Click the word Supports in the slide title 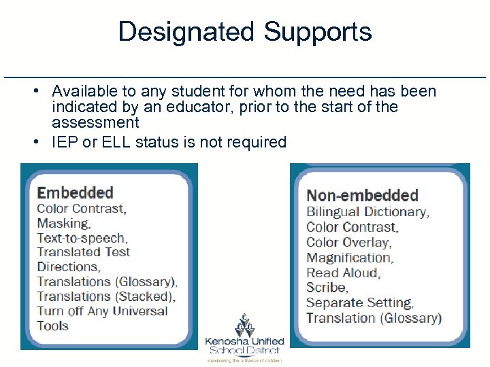pyautogui.click(x=318, y=32)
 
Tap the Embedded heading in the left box pyautogui.click(x=75, y=193)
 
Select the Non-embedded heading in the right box pyautogui.click(x=362, y=196)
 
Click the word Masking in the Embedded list pyautogui.click(x=63, y=223)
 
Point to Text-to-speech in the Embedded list pyautogui.click(x=82, y=238)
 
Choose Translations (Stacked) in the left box pyautogui.click(x=105, y=296)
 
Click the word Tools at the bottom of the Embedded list pyautogui.click(x=52, y=326)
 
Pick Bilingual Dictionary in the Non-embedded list pyautogui.click(x=367, y=212)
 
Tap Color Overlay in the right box pyautogui.click(x=348, y=242)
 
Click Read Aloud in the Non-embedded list pyautogui.click(x=343, y=273)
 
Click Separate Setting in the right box pyautogui.click(x=359, y=302)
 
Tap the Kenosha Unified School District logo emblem pyautogui.click(x=244, y=326)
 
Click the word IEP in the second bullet pyautogui.click(x=65, y=142)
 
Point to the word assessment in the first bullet pyautogui.click(x=95, y=123)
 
